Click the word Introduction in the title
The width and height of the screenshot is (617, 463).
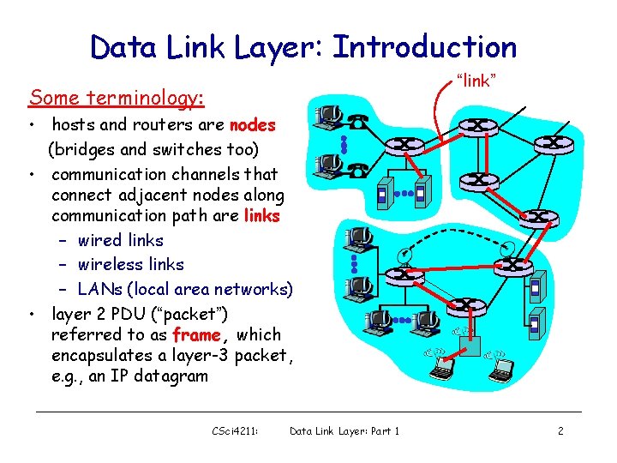pyautogui.click(x=424, y=46)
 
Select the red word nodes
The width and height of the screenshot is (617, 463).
pyautogui.click(x=253, y=125)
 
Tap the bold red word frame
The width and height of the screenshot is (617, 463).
pyautogui.click(x=197, y=334)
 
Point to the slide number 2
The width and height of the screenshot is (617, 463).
pyautogui.click(x=560, y=431)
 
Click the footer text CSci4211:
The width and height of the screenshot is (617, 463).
pyautogui.click(x=235, y=431)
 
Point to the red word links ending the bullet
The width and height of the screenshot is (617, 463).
pyautogui.click(x=261, y=216)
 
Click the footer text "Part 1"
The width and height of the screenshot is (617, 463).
pyautogui.click(x=383, y=431)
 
